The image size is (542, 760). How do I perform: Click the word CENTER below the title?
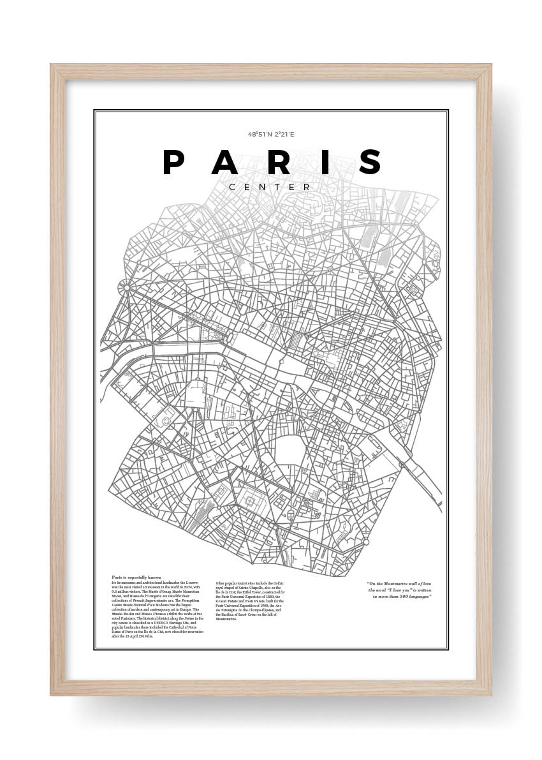click(x=270, y=187)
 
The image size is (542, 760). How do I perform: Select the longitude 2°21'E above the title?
click(x=284, y=135)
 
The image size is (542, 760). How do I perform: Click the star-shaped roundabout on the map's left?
click(x=127, y=288)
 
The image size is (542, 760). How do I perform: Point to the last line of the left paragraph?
click(x=132, y=636)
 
